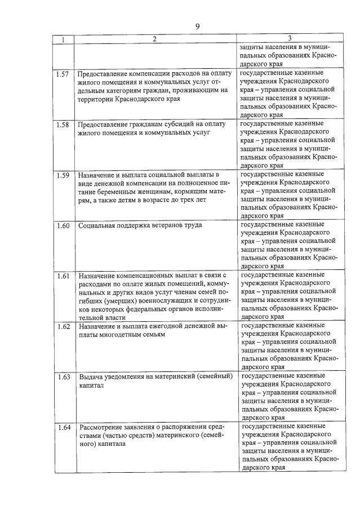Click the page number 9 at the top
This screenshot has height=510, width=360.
(x=198, y=26)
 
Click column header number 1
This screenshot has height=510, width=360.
(x=63, y=39)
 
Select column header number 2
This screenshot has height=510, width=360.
(x=153, y=39)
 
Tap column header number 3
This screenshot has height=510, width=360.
(x=289, y=39)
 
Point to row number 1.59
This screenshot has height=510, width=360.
(x=63, y=175)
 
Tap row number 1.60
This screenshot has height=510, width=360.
(x=63, y=225)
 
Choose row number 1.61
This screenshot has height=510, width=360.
(x=63, y=276)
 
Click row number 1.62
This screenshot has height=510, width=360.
(x=63, y=326)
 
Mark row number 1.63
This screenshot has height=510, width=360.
(x=63, y=376)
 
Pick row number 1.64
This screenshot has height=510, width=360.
(x=63, y=427)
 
